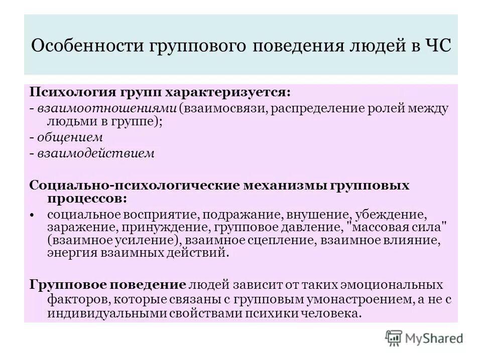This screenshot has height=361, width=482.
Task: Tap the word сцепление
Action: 279,241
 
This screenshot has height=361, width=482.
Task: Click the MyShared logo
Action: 424,337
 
